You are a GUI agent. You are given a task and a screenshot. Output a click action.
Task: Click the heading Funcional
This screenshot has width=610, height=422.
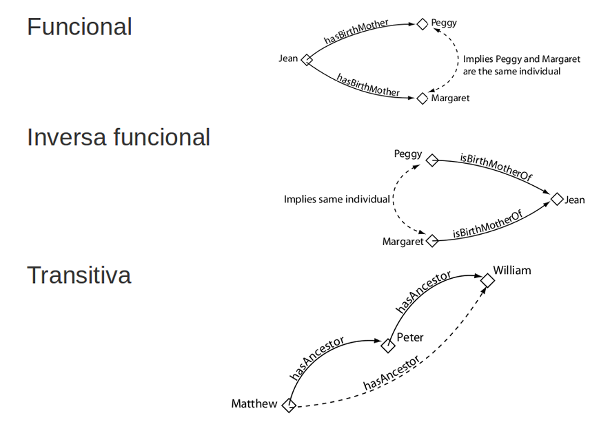tap(79, 27)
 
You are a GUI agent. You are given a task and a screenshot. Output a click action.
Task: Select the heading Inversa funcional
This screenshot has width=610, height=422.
tap(119, 138)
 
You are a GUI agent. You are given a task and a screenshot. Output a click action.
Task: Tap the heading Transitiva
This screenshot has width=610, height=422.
tap(79, 275)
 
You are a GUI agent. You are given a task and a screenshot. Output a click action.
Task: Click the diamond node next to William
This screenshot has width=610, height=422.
tap(487, 280)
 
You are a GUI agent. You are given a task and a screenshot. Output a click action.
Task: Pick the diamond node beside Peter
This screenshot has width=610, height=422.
tap(388, 346)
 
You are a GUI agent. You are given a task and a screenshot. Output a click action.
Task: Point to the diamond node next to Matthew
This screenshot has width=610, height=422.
tap(289, 405)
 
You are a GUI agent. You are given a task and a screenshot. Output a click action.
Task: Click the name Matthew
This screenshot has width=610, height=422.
tap(254, 403)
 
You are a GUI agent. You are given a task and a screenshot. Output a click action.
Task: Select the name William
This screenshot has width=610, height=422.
tap(512, 270)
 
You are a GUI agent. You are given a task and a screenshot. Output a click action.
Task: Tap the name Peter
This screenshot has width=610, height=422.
tap(410, 337)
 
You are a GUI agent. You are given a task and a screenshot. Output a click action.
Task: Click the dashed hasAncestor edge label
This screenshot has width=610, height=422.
tap(392, 374)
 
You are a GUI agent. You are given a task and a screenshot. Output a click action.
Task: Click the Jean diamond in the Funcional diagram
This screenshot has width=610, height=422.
tap(307, 60)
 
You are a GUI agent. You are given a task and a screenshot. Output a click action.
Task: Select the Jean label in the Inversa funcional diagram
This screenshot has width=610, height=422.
tap(575, 200)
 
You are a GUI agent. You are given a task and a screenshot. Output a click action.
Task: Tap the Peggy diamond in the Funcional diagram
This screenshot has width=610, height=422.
tap(423, 24)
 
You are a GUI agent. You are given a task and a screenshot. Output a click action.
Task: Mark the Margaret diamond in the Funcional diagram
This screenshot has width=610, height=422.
tap(423, 98)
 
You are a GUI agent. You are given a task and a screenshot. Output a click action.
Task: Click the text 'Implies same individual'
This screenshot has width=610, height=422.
tap(337, 199)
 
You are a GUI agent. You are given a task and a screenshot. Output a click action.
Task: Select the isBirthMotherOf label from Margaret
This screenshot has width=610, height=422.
tap(488, 225)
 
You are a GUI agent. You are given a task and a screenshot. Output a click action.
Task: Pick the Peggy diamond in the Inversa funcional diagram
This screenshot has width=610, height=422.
tap(432, 160)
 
